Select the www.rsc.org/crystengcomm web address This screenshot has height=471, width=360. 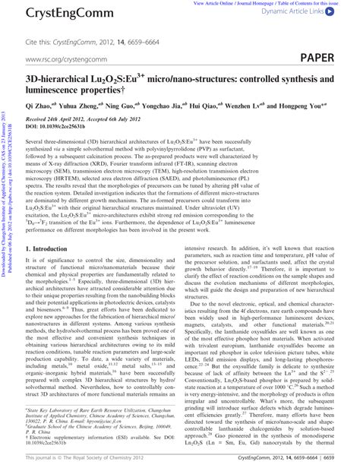click(65, 58)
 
